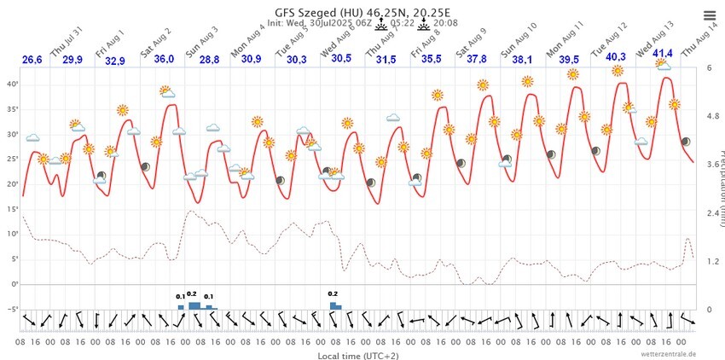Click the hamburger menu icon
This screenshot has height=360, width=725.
[710, 15]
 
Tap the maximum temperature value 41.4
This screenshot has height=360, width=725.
[663, 54]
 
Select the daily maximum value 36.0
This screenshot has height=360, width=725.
[164, 59]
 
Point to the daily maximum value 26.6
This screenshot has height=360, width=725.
[32, 60]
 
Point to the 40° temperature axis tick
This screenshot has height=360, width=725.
[12, 84]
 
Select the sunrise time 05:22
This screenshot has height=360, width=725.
[403, 23]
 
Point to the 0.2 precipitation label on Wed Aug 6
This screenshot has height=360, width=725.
[333, 293]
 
